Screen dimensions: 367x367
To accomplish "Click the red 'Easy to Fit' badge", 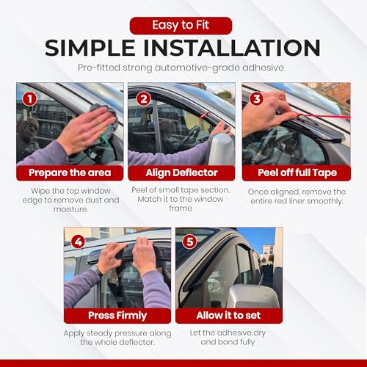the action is click(181, 26).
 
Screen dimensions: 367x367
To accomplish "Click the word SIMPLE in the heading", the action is click(90, 48).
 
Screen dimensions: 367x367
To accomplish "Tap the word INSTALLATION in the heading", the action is click(232, 48).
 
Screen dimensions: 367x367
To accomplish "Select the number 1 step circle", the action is click(30, 99).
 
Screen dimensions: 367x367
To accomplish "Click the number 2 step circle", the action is click(144, 99).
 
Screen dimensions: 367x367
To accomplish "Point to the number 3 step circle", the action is click(257, 98).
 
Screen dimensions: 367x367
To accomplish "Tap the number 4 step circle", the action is click(79, 242).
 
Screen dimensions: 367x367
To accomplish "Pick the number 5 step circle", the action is click(190, 241).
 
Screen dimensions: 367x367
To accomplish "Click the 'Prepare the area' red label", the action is click(70, 173).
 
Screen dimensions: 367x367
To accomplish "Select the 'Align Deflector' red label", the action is click(181, 173).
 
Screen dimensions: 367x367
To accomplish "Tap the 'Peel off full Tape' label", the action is click(297, 173).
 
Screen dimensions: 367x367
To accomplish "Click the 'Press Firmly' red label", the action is click(117, 316).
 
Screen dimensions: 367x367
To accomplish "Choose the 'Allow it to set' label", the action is click(229, 316).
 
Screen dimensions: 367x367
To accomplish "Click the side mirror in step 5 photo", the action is click(253, 296).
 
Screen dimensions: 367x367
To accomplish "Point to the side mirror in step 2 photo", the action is click(222, 149).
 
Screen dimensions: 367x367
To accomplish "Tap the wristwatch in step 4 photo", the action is click(96, 269).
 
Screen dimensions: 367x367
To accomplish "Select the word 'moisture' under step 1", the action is click(70, 209).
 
